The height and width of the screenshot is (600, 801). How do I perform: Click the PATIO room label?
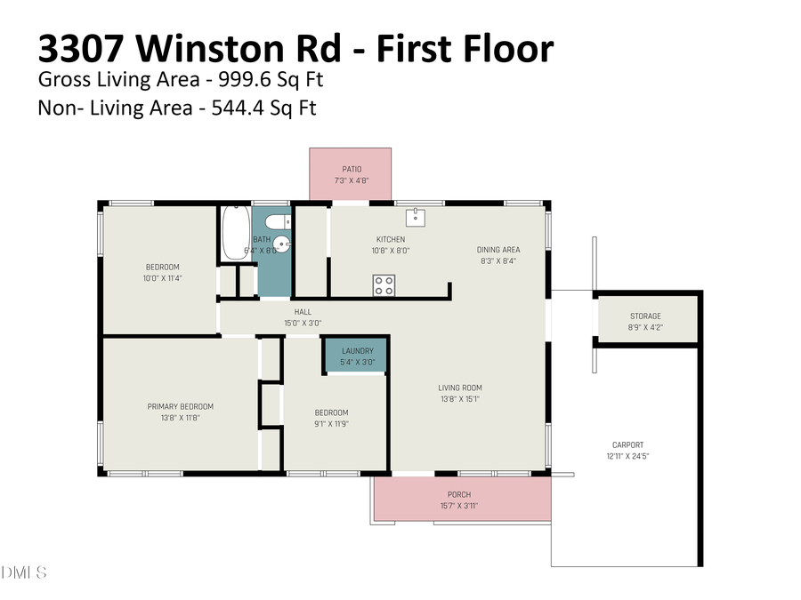coord(352,169)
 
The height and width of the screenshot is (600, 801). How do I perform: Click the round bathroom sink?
coord(281,243)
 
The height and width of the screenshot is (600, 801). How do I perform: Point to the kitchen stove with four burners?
coord(384,285)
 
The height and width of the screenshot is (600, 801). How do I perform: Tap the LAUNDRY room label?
coord(357,351)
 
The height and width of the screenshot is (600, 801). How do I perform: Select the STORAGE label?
coord(645,316)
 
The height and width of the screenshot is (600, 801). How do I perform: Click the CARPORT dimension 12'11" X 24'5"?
coord(627,456)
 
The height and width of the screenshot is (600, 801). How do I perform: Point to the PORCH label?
coord(459,494)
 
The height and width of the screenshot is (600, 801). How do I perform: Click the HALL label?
coord(303,312)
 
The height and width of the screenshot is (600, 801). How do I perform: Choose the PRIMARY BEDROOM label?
coord(180,406)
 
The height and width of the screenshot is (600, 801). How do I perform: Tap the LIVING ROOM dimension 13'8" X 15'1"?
coord(459,398)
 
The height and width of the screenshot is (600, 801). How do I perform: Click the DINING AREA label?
coord(498,250)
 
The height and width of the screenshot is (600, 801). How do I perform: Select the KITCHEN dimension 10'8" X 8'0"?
coord(391,251)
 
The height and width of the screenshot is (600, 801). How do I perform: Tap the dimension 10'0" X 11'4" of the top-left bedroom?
coord(163,278)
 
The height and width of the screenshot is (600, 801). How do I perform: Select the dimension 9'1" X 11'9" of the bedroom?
coord(331,423)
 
